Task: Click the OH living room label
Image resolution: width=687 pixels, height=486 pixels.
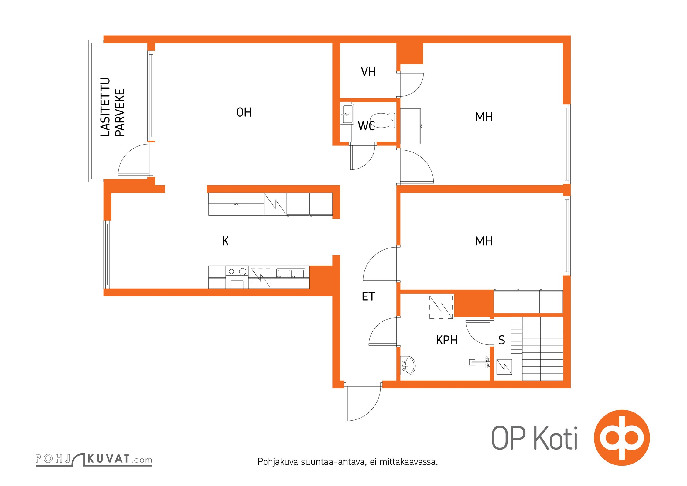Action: click(244, 112)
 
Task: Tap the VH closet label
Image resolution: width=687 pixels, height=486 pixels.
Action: click(368, 72)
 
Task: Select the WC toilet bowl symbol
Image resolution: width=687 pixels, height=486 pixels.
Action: click(383, 121)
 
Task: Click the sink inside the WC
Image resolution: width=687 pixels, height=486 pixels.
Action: click(347, 114)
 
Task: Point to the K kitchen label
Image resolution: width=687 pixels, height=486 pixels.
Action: click(225, 241)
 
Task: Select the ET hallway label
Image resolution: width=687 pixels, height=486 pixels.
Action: click(368, 296)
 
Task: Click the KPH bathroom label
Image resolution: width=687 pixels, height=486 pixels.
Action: click(447, 340)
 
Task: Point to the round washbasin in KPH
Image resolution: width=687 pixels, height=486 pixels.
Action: click(408, 365)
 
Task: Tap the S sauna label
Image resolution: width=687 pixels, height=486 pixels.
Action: click(502, 340)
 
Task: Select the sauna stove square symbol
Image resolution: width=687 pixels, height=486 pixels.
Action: click(504, 367)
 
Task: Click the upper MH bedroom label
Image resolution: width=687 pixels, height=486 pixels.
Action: click(484, 117)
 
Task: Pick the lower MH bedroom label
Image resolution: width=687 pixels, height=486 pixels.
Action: click(484, 241)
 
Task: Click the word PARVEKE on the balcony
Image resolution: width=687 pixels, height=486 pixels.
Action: click(120, 113)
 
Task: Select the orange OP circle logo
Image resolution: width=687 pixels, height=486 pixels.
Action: click(622, 438)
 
